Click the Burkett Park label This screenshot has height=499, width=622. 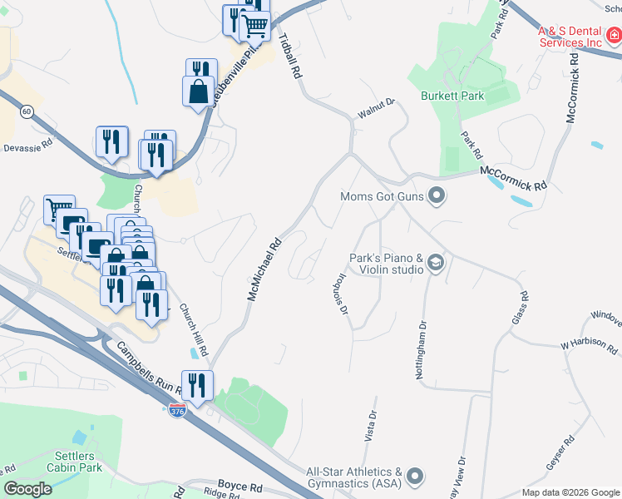point(452,96)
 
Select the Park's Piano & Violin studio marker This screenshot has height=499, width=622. point(435,264)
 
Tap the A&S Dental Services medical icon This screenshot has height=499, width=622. point(614,35)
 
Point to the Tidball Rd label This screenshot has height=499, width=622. point(289,56)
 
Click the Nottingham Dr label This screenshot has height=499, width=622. point(421,348)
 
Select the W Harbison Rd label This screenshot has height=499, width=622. point(588,344)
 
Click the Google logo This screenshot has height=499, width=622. point(27,489)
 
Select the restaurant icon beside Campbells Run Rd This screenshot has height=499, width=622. point(198,385)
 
